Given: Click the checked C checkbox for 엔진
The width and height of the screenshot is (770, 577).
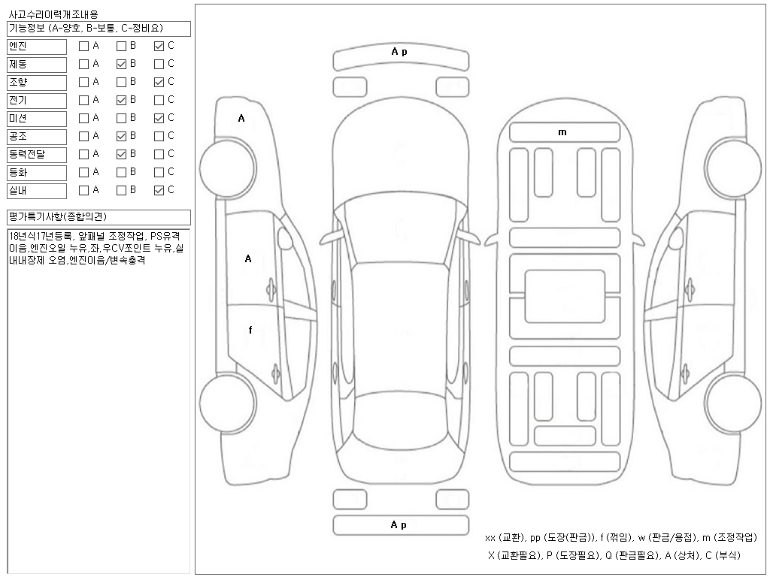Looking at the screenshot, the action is [159, 46].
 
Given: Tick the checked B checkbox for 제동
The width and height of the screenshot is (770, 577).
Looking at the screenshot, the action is [121, 65].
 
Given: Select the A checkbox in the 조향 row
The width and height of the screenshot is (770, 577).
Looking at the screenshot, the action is [84, 83].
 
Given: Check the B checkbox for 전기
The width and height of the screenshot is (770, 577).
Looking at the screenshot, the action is [121, 101].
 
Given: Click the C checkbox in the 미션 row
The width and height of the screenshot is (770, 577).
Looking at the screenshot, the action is [159, 118].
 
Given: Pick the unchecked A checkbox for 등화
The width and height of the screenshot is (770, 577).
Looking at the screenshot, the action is [84, 173].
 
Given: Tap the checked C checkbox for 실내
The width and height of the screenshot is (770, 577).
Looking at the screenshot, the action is [159, 191].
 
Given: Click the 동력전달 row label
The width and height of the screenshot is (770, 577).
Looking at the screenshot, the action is [37, 155].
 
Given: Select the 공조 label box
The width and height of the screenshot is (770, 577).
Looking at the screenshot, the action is [37, 137].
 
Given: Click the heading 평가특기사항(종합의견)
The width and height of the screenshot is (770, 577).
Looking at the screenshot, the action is [58, 216].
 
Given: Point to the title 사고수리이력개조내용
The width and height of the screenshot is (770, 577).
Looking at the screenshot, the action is [53, 15].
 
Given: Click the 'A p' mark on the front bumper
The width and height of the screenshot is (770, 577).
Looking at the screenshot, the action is [399, 52].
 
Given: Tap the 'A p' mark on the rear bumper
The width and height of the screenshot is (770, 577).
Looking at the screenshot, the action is [399, 525].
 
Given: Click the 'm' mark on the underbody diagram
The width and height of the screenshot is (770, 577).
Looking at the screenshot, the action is [562, 132].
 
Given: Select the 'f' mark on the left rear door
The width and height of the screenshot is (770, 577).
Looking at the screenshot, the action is [250, 330].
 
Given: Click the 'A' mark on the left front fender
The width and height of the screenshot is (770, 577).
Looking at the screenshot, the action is [241, 118].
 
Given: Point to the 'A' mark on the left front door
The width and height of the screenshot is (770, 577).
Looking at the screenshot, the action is [248, 258].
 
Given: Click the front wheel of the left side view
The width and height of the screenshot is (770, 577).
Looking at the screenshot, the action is [227, 167].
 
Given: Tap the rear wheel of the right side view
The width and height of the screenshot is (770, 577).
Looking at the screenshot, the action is [733, 403].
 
